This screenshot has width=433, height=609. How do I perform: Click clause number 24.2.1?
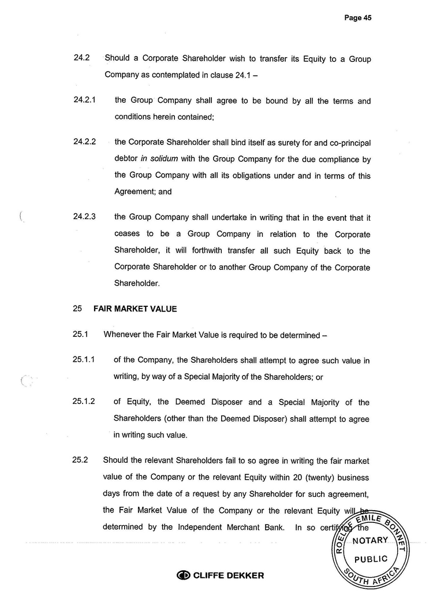point(84,100)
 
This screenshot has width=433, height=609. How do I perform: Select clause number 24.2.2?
point(84,141)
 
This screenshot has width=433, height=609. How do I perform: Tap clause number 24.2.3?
point(84,217)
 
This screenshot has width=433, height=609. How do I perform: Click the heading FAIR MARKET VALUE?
point(135,309)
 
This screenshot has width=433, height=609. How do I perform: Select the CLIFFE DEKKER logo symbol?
point(184,575)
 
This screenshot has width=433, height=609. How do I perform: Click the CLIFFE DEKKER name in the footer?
point(228,575)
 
